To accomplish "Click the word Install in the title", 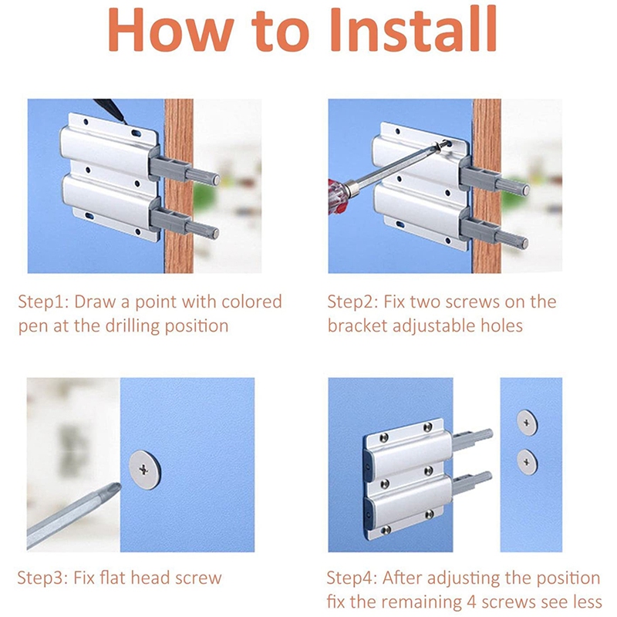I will click(412, 31).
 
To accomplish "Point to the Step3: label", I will click(45, 578).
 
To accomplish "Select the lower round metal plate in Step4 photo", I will click(528, 460).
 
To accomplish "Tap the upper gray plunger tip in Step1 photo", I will click(216, 179).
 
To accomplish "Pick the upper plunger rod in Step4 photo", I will click(472, 438).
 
